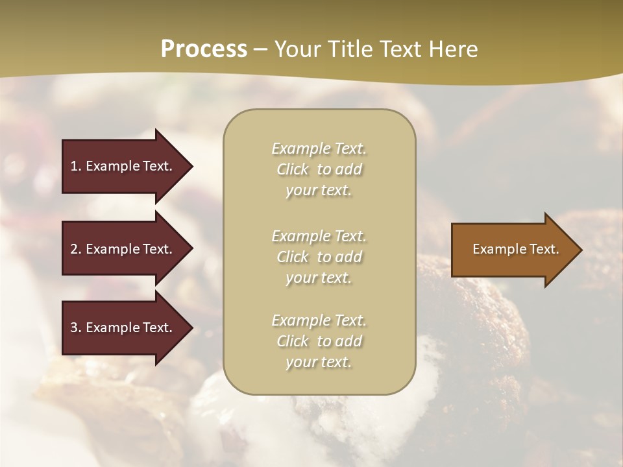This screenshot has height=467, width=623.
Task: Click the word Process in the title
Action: coord(204,49)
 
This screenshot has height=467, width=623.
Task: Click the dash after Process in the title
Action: coord(260,50)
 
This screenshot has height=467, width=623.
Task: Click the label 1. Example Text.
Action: coord(121,166)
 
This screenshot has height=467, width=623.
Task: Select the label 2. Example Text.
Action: coord(121,249)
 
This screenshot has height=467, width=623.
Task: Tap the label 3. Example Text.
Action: coord(121,328)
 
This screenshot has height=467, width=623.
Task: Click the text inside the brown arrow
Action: coord(515,249)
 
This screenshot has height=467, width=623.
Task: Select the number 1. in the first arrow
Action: coord(76,166)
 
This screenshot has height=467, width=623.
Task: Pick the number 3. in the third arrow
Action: coord(76,328)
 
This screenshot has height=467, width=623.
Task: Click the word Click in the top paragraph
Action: coord(293,169)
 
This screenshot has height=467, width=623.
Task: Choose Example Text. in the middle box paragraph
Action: coord(319,236)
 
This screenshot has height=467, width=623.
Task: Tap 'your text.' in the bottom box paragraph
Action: coord(319,362)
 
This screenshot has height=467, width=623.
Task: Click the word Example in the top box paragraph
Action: coord(300,149)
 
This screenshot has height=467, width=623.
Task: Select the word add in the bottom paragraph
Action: coord(348,341)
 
